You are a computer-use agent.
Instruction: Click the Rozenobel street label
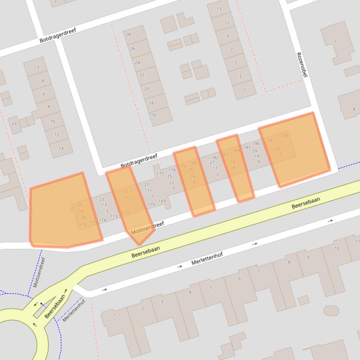click(x=302, y=65)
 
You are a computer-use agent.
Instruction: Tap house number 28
click(x=128, y=34)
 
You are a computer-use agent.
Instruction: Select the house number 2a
click(x=14, y=123)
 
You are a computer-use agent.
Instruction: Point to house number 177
click(x=160, y=173)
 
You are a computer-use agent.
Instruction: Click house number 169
click(x=162, y=201)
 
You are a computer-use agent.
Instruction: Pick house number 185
click(x=247, y=148)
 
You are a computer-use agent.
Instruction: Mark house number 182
click(x=215, y=158)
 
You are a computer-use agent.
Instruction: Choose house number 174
click(x=102, y=220)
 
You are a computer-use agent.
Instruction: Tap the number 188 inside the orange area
click(x=285, y=136)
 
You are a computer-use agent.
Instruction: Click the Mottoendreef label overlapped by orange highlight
click(x=148, y=229)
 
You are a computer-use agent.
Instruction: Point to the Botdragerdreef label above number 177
click(x=139, y=160)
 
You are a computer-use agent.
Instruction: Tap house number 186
click(x=256, y=144)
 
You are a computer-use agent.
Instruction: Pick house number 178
click(x=172, y=170)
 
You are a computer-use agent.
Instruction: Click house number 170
click(x=151, y=204)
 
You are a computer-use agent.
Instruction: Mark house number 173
click(x=114, y=216)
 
